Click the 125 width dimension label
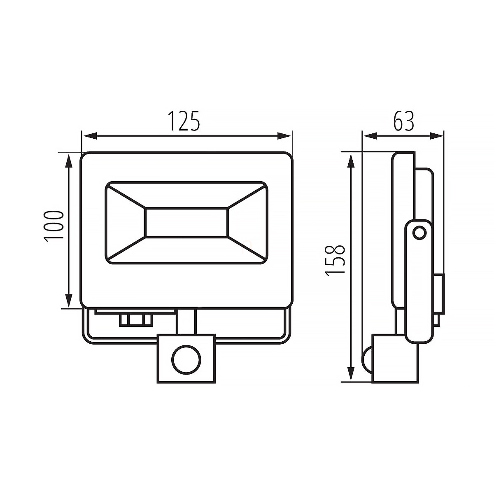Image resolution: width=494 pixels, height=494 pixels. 184,121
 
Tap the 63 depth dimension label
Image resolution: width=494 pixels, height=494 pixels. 404,121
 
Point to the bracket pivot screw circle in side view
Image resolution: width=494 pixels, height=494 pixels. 419,233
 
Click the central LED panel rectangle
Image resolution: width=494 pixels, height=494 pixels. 186,222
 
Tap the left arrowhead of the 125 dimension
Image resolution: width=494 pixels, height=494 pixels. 89,135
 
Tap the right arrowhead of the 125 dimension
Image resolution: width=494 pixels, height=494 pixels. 284,135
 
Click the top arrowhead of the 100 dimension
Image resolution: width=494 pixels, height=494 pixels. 68,161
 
